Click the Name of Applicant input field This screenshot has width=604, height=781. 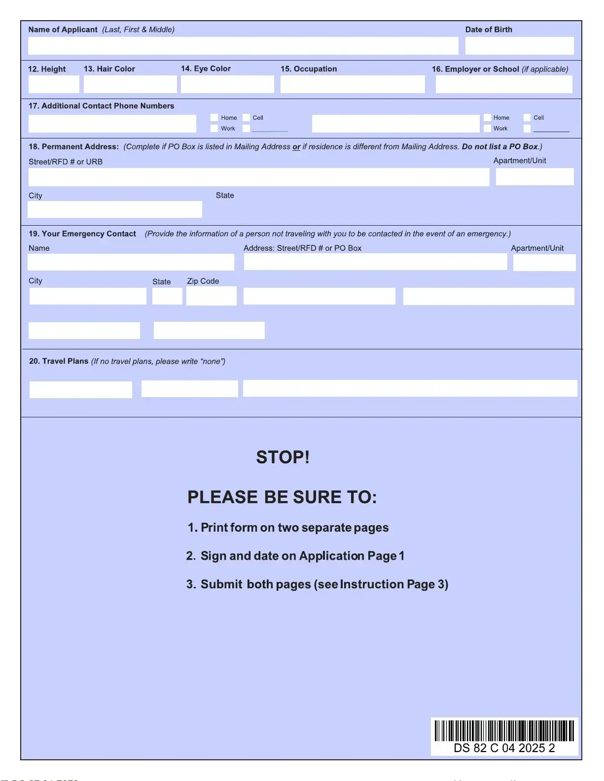243,46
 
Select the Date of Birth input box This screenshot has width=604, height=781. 519,46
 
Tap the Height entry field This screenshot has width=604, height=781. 54,84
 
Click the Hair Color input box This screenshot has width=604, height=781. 130,84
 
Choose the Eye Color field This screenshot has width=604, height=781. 227,84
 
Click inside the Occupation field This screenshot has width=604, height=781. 353,84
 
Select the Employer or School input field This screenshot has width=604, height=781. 504,84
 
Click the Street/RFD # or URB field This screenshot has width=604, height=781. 259,177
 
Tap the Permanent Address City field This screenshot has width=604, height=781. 115,209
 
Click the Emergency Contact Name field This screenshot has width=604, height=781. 131,262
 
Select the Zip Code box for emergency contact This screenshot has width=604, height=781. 212,296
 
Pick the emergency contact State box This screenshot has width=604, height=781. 167,296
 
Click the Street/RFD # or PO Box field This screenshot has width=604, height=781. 375,262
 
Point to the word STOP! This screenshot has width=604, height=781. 283,457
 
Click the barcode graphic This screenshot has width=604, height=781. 504,731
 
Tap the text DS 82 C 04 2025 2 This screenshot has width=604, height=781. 504,748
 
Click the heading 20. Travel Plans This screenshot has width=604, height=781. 59,361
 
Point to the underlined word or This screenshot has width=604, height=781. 296,147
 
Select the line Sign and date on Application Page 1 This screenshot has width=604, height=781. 295,556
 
